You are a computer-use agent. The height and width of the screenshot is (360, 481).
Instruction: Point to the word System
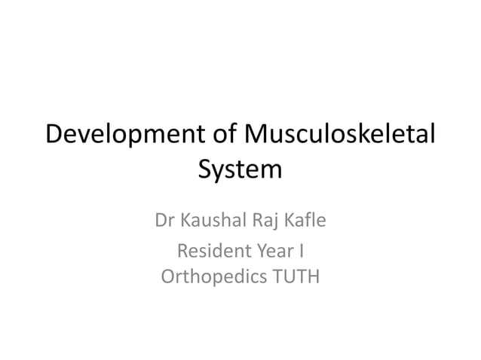click(x=240, y=169)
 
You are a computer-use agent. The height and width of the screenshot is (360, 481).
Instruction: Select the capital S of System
click(x=205, y=168)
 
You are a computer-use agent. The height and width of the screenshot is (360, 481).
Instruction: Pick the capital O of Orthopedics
click(x=168, y=277)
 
